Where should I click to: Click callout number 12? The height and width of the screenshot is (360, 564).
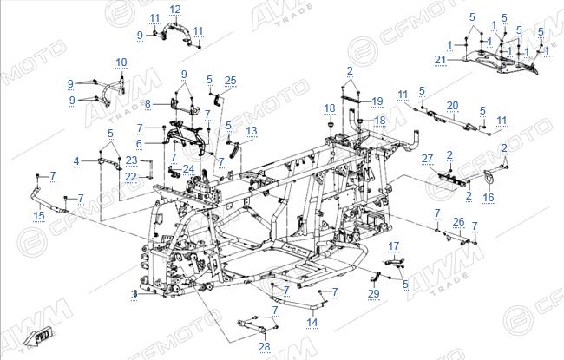click(x=175, y=10)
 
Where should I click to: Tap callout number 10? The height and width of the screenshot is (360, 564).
click(x=121, y=62)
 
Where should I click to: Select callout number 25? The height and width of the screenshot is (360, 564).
click(x=230, y=80)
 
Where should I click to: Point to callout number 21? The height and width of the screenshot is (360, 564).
click(x=440, y=60)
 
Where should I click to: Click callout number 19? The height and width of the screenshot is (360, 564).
click(x=377, y=101)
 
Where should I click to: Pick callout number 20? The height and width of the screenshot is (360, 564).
click(x=452, y=106)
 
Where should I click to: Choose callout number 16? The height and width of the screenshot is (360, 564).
click(x=489, y=197)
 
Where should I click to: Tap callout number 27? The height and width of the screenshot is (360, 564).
click(x=427, y=158)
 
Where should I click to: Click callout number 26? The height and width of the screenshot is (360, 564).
click(x=459, y=222)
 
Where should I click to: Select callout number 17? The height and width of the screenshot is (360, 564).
click(x=394, y=246)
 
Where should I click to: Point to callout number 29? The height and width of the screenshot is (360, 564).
click(x=374, y=294)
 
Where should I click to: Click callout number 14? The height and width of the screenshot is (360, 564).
click(x=312, y=322)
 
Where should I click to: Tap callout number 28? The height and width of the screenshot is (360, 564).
click(x=265, y=347)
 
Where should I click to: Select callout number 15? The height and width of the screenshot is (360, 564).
click(x=39, y=215)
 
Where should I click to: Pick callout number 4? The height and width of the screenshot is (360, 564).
click(x=76, y=161)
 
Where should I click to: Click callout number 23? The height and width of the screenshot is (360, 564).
click(x=132, y=160)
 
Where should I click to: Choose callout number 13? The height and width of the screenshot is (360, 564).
click(x=252, y=131)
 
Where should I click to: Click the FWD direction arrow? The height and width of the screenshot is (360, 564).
click(x=40, y=336)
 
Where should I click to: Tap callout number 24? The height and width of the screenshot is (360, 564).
click(x=188, y=169)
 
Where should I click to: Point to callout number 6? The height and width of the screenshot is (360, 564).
click(x=139, y=143)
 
